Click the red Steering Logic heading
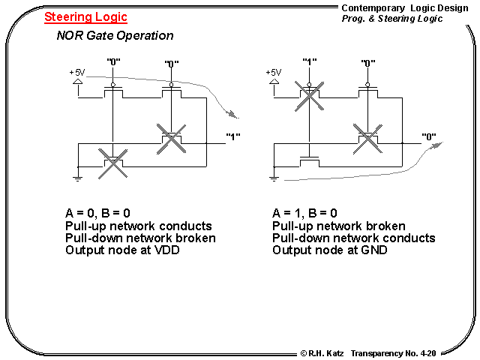click(x=85, y=16)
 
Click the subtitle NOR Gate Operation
click(x=115, y=35)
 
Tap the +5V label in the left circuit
click(x=76, y=72)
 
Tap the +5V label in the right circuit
click(x=273, y=72)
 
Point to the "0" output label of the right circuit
click(x=430, y=136)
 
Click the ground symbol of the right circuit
click(x=274, y=178)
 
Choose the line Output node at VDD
click(x=124, y=250)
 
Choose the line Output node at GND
click(x=330, y=250)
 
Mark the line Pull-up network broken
click(x=339, y=226)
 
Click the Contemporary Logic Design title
click(x=398, y=7)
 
